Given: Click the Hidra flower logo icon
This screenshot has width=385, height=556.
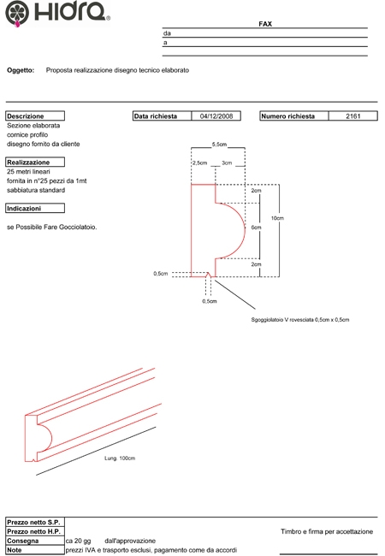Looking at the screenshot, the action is (17, 13).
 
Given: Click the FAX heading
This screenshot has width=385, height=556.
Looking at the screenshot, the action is (265, 24).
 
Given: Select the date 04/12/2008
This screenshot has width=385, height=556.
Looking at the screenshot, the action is (216, 116).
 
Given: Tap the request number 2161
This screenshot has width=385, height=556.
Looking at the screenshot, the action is (353, 116).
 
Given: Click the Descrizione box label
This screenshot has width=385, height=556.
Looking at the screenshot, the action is (25, 116).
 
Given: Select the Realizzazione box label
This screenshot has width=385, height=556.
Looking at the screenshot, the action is (28, 163).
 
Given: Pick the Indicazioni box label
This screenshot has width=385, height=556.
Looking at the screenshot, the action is (24, 209).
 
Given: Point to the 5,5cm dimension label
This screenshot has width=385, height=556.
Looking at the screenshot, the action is (219, 145).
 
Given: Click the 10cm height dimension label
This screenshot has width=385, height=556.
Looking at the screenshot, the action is (277, 218).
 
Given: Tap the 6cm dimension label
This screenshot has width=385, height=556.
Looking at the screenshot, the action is (257, 228).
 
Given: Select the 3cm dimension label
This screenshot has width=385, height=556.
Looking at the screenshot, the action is (227, 163).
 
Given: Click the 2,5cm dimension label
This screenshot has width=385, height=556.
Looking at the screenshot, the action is (200, 163).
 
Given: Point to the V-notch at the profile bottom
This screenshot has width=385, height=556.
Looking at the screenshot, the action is (209, 275).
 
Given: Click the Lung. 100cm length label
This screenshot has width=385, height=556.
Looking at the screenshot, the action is (120, 458).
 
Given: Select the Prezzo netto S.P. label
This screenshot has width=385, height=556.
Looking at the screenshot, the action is (33, 523).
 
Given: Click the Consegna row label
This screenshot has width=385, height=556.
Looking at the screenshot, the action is (23, 541).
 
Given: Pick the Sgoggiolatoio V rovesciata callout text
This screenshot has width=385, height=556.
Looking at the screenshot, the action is (300, 320).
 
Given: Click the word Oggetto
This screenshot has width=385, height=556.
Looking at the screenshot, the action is (21, 70).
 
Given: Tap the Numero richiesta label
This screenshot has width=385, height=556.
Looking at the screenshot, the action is (287, 116).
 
